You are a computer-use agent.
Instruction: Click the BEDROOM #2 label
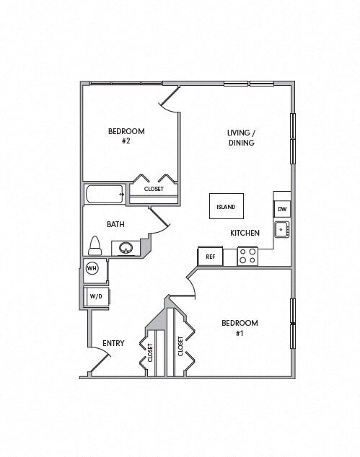coord(126,136)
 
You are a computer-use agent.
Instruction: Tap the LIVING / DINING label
coord(241,138)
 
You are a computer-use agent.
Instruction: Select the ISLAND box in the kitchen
coord(226,207)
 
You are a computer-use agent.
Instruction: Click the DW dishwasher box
coord(282,210)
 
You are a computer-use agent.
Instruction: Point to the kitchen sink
coord(281,231)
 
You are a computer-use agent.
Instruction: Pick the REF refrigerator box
coord(210,256)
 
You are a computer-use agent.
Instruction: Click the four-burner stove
coord(248,256)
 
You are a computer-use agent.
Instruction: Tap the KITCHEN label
coord(245,233)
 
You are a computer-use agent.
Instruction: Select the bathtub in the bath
coord(105,195)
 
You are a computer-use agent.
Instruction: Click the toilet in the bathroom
coord(94,246)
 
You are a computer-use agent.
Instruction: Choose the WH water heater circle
coord(92,268)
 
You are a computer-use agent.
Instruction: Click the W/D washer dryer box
coord(95,296)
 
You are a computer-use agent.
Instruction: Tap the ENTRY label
coord(113,343)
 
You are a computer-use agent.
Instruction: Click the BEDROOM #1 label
coord(239,328)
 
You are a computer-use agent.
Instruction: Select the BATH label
coord(115,224)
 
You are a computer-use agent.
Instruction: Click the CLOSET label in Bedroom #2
coord(154,189)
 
